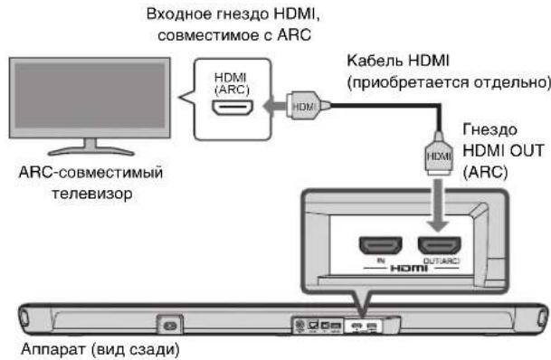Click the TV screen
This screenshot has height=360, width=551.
point(87,99)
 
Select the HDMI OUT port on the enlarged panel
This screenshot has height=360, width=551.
point(437,247)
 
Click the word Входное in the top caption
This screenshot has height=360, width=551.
point(170,13)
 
